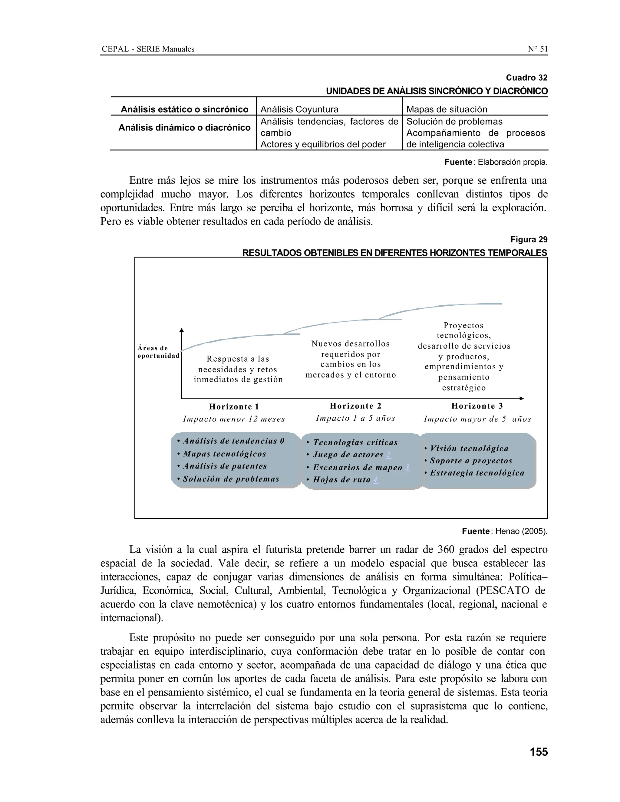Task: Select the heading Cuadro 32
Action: [x=526, y=77]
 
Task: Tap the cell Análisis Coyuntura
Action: [x=299, y=110]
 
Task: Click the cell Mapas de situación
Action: [x=447, y=110]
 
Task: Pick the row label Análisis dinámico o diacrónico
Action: [x=184, y=128]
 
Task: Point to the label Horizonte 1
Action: [x=234, y=406]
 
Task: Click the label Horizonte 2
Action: [x=355, y=406]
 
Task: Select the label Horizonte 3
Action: [x=477, y=406]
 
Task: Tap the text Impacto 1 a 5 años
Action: [x=355, y=418]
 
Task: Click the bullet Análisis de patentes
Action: [x=225, y=466]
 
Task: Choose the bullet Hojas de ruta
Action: [x=341, y=480]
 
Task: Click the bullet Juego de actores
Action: [x=348, y=455]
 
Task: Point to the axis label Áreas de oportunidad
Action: [x=158, y=352]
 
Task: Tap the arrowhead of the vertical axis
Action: [x=181, y=330]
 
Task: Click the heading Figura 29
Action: [x=529, y=240]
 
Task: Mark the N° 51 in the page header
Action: [x=537, y=49]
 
